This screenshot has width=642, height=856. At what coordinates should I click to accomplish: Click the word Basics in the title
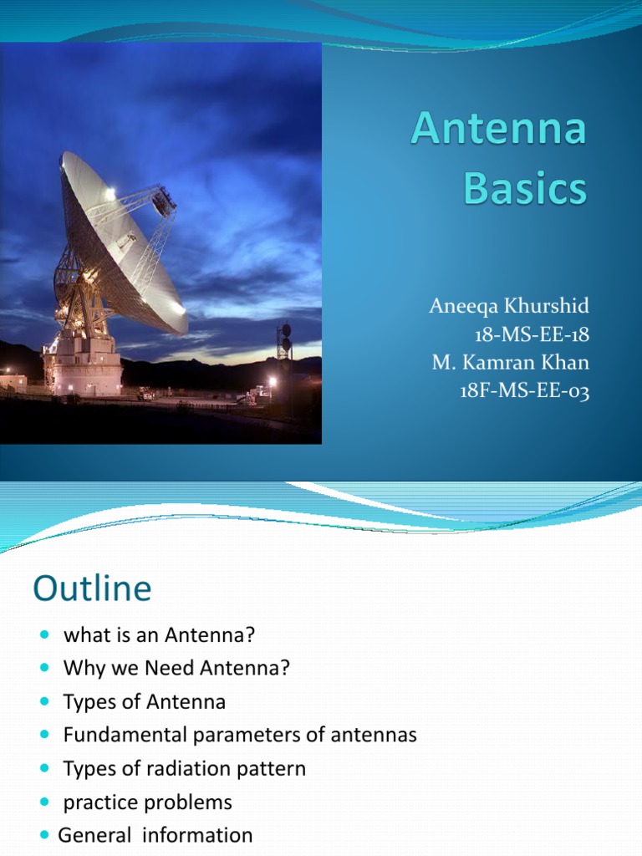(525, 189)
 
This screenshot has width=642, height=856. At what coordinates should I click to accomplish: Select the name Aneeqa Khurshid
(509, 306)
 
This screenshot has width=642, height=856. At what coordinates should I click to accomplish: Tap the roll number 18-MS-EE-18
(531, 334)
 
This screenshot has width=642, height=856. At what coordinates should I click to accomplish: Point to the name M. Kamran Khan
(511, 363)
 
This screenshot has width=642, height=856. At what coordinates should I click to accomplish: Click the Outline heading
(92, 589)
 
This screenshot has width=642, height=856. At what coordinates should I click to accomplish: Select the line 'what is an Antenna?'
(159, 634)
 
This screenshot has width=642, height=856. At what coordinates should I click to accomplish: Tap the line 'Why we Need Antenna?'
(176, 668)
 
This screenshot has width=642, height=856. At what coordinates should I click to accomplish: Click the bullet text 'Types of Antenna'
(144, 701)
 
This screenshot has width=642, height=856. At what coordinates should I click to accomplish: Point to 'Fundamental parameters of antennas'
(240, 735)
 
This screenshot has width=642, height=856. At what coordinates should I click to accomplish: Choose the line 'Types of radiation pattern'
(185, 768)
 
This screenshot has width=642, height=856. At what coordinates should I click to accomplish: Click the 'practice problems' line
(148, 802)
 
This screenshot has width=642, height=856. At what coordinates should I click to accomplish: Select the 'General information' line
(155, 835)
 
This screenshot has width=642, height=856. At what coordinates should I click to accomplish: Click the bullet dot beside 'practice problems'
(45, 802)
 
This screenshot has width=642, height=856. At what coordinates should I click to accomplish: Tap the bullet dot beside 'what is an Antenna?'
(45, 635)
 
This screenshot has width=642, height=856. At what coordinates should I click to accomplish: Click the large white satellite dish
(121, 242)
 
